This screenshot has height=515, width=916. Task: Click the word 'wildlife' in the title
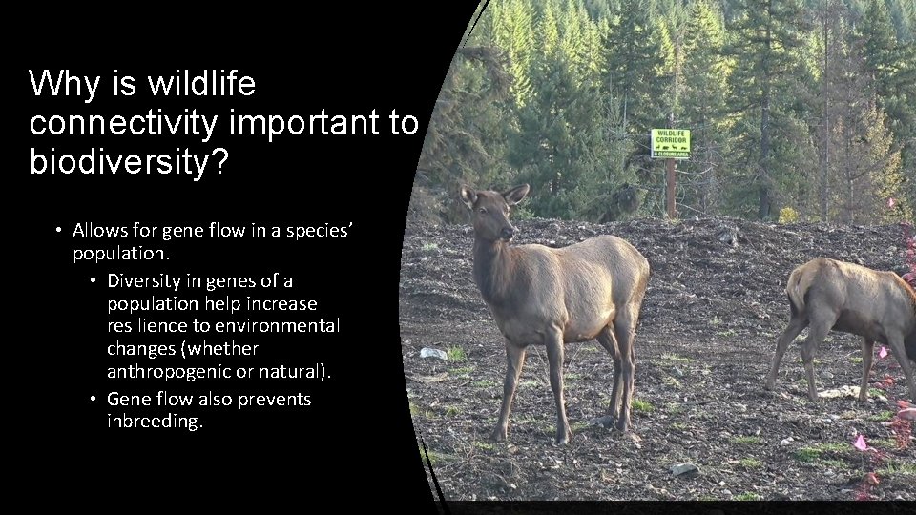click(x=201, y=85)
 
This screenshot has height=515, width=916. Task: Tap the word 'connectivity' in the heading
click(x=120, y=123)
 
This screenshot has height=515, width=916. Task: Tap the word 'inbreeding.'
click(x=155, y=422)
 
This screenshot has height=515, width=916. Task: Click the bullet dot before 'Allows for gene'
click(x=59, y=231)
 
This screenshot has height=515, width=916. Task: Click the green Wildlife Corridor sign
click(x=670, y=143)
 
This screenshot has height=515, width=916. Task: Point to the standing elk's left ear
click(x=469, y=196)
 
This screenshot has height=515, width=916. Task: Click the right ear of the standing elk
click(x=516, y=194)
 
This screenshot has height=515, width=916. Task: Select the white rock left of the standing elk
click(x=433, y=353)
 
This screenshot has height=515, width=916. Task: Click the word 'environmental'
click(x=283, y=326)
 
